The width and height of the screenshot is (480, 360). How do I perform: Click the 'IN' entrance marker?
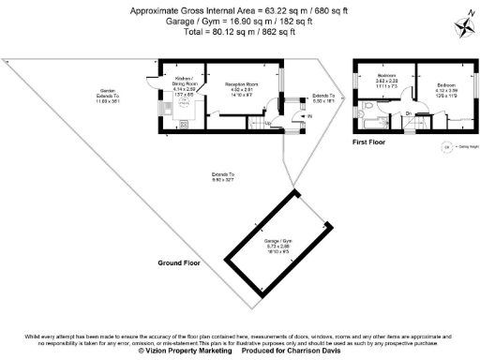point(307,116)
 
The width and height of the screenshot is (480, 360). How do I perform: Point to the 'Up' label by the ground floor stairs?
point(268,123)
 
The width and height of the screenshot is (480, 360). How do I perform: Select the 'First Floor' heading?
point(371,142)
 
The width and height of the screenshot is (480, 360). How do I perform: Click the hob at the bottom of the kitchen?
point(183,123)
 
